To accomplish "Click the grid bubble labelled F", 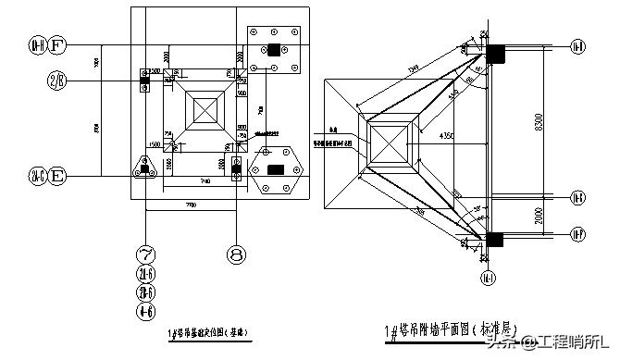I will [x=57, y=44].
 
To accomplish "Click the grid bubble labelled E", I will [x=57, y=173].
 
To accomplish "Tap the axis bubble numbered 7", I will [x=146, y=254].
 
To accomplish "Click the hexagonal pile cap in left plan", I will [x=275, y=170].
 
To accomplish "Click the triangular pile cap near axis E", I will [x=145, y=168].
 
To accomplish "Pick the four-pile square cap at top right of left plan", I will [x=273, y=49].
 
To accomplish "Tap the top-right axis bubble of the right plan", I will [x=577, y=46].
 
